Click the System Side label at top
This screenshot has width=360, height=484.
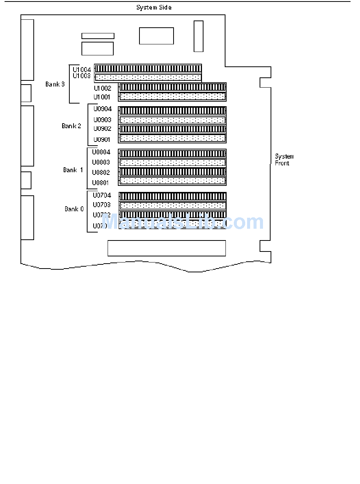(x=154, y=7)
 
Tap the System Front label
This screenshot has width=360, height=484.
(x=284, y=160)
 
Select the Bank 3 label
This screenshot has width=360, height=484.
(x=55, y=84)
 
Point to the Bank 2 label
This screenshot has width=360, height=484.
(x=71, y=126)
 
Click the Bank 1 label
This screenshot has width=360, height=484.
(x=73, y=170)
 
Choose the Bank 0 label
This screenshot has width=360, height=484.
(x=74, y=209)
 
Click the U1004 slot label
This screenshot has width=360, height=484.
(x=82, y=70)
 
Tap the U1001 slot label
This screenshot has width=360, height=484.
(x=102, y=97)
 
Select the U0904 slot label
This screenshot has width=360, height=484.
(x=102, y=109)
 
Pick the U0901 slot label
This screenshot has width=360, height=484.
(x=102, y=140)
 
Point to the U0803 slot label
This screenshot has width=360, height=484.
(x=101, y=162)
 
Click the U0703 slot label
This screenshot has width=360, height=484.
(x=102, y=205)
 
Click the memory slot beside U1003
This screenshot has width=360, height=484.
(x=148, y=77)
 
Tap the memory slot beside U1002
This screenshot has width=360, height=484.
(x=172, y=87)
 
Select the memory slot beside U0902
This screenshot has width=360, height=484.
(x=172, y=129)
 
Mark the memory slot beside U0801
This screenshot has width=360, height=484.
(x=172, y=181)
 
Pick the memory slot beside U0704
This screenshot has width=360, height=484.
(x=172, y=196)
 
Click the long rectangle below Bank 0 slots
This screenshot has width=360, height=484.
(x=167, y=248)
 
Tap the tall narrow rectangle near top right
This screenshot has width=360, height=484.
(x=199, y=36)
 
